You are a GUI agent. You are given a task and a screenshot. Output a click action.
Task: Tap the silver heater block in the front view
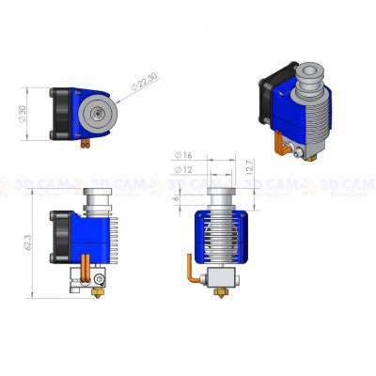[x=223, y=278]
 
